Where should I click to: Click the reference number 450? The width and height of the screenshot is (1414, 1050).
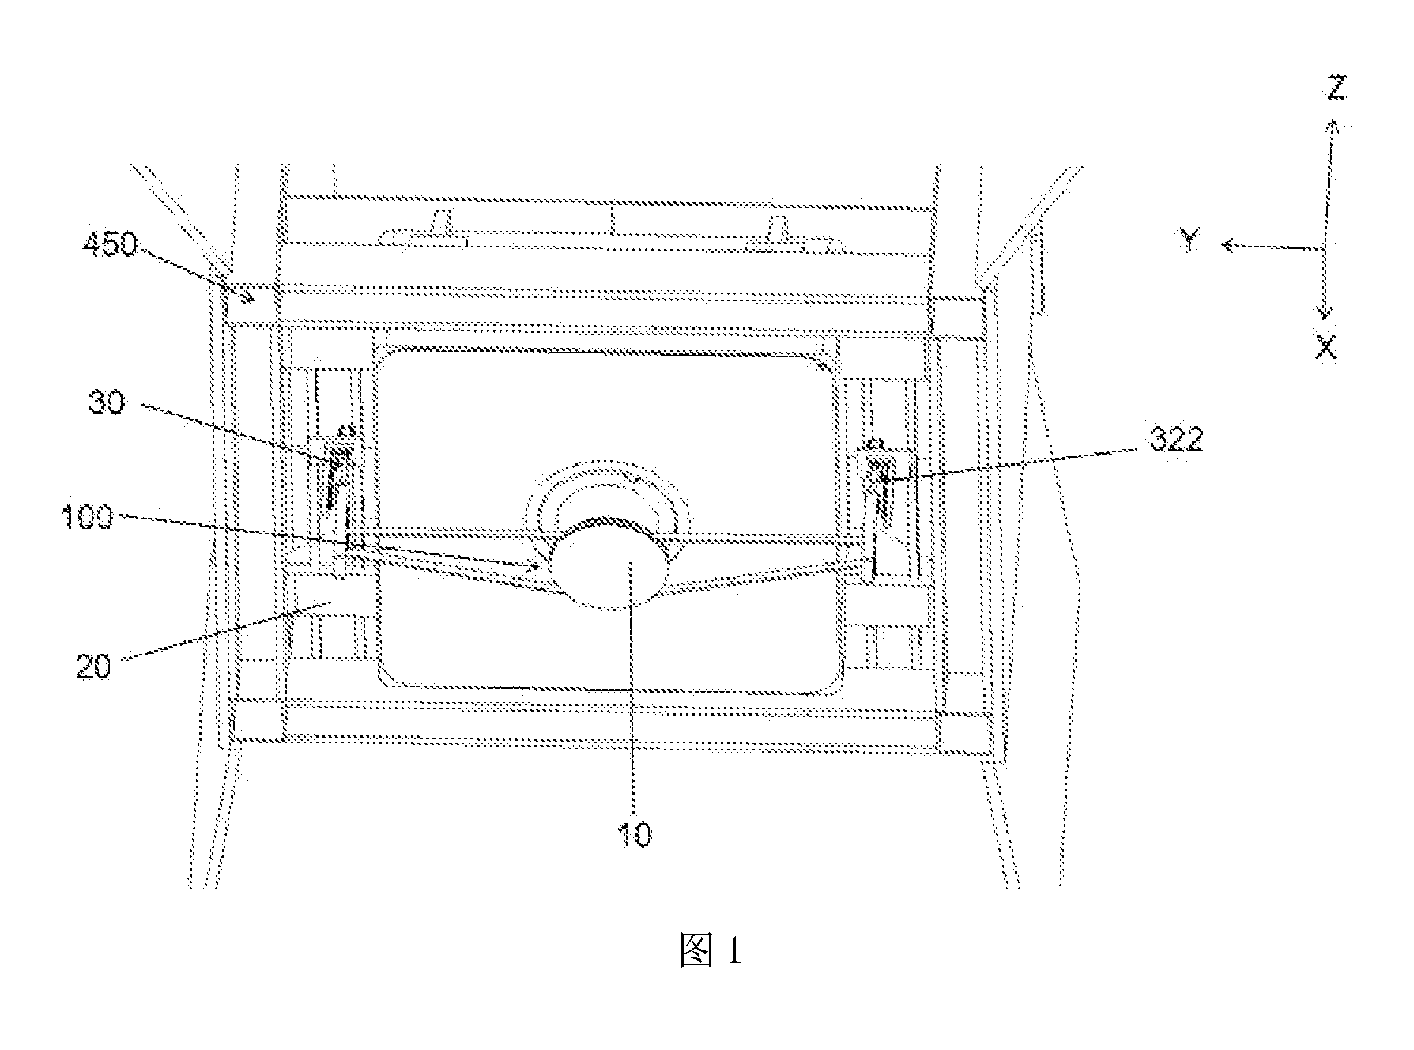tap(110, 246)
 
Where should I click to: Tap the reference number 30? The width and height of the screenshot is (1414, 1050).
tap(106, 405)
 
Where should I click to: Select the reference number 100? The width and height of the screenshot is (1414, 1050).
tap(88, 519)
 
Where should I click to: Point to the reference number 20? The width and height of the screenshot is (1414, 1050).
tap(94, 667)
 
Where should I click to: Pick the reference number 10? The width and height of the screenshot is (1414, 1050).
tap(634, 835)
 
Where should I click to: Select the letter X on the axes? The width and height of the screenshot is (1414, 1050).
tap(1325, 347)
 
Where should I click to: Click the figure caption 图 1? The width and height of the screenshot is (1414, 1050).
tap(711, 951)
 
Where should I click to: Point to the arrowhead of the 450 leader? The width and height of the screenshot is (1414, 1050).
tap(251, 298)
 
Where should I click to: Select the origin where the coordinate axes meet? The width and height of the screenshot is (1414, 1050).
tap(1325, 248)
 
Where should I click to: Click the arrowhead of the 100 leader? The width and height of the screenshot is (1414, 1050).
tap(537, 565)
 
